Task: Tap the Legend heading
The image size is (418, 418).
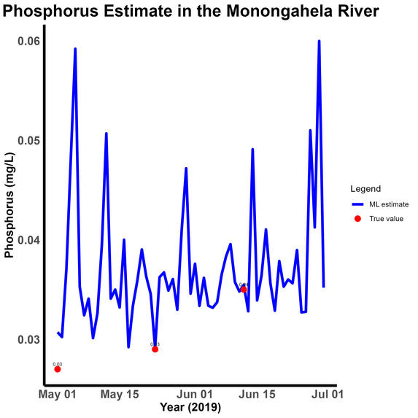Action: [365, 188]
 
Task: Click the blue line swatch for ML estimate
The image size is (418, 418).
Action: [357, 205]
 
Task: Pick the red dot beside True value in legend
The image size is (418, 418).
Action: [357, 219]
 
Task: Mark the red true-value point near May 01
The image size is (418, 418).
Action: [58, 369]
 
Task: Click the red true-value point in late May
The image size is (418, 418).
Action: [155, 349]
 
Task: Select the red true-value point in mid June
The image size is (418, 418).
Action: [244, 290]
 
